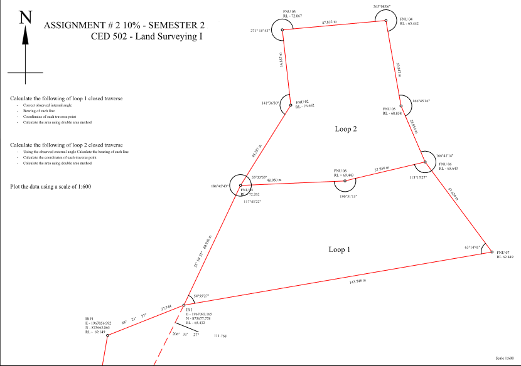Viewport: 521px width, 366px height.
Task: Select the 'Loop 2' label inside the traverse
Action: [346, 129]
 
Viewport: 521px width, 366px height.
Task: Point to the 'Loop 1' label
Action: [340, 249]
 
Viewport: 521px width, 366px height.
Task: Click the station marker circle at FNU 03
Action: [282, 29]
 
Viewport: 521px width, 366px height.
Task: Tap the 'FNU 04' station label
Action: [407, 19]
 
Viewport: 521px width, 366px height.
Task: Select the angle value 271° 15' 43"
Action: [260, 30]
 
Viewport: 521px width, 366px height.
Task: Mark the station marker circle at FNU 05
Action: [400, 106]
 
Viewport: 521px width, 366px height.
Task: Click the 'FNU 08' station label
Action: [340, 170]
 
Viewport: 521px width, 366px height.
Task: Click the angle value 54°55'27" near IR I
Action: [205, 296]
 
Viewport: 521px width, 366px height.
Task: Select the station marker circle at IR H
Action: [107, 335]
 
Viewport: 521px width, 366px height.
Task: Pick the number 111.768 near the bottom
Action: [220, 337]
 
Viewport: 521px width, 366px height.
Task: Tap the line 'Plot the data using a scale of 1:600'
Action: [52, 187]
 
